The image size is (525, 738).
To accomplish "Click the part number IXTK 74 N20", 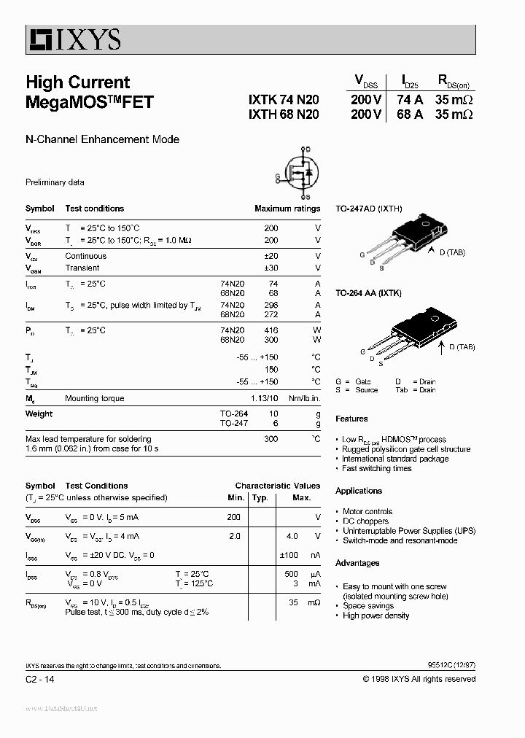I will click(x=283, y=101).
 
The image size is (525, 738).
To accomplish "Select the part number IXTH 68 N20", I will click(x=283, y=115).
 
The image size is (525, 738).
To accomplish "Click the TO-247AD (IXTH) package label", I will click(x=368, y=209).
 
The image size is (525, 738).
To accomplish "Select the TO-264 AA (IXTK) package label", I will click(x=369, y=292).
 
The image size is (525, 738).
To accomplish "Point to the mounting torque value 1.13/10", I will click(x=264, y=398).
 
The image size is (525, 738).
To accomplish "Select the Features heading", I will click(x=351, y=419).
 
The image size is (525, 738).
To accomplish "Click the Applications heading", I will click(x=359, y=491).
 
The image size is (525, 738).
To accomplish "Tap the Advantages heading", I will click(x=357, y=563).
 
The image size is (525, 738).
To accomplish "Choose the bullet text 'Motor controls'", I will click(x=367, y=512).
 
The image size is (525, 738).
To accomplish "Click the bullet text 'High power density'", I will click(x=376, y=615).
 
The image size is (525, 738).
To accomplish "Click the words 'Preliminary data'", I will click(x=55, y=182).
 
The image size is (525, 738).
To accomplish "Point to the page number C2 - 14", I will click(x=39, y=679).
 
